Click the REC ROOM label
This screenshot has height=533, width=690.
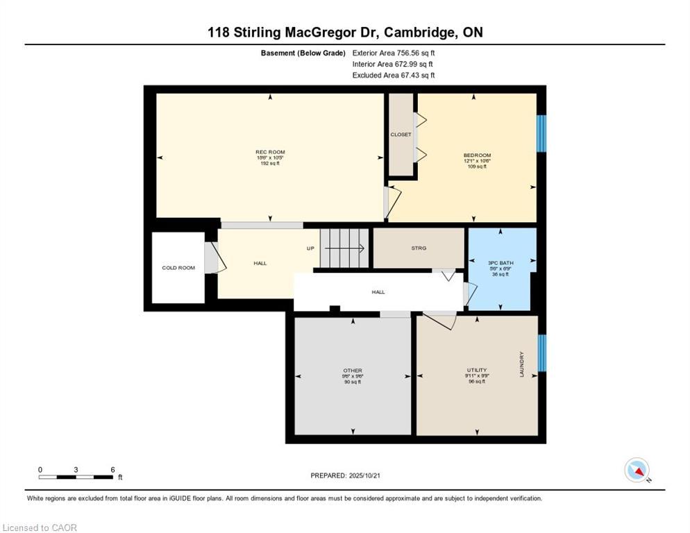coord(270,152)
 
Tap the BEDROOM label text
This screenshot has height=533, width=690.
coord(477,155)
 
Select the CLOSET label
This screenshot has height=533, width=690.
coord(401,135)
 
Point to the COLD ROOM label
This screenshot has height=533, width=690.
coord(178,268)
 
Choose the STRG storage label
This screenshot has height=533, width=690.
coord(419,248)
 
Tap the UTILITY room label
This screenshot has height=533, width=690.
coord(476,370)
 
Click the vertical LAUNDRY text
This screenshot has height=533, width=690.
coord(521,364)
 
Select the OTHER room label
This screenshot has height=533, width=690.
coord(353,371)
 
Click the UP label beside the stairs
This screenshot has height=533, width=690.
coord(311,248)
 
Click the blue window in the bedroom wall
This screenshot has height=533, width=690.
coord(542,133)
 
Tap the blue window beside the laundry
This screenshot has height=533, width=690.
coord(542,353)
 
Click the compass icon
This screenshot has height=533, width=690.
coord(637,471)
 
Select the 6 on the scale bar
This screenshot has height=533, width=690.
coord(112,470)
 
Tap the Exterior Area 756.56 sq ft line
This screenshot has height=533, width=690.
coord(394,53)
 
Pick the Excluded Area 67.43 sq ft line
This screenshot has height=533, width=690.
coord(394,75)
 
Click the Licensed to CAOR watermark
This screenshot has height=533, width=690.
coord(40,528)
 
